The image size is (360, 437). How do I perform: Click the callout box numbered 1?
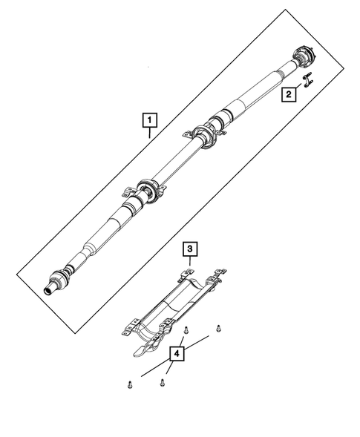151,119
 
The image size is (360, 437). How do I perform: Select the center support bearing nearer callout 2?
206,136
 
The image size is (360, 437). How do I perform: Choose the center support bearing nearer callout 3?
145,191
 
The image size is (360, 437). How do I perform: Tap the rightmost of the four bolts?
217,327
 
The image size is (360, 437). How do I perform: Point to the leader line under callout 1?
151,134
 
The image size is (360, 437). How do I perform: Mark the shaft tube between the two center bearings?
176,163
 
